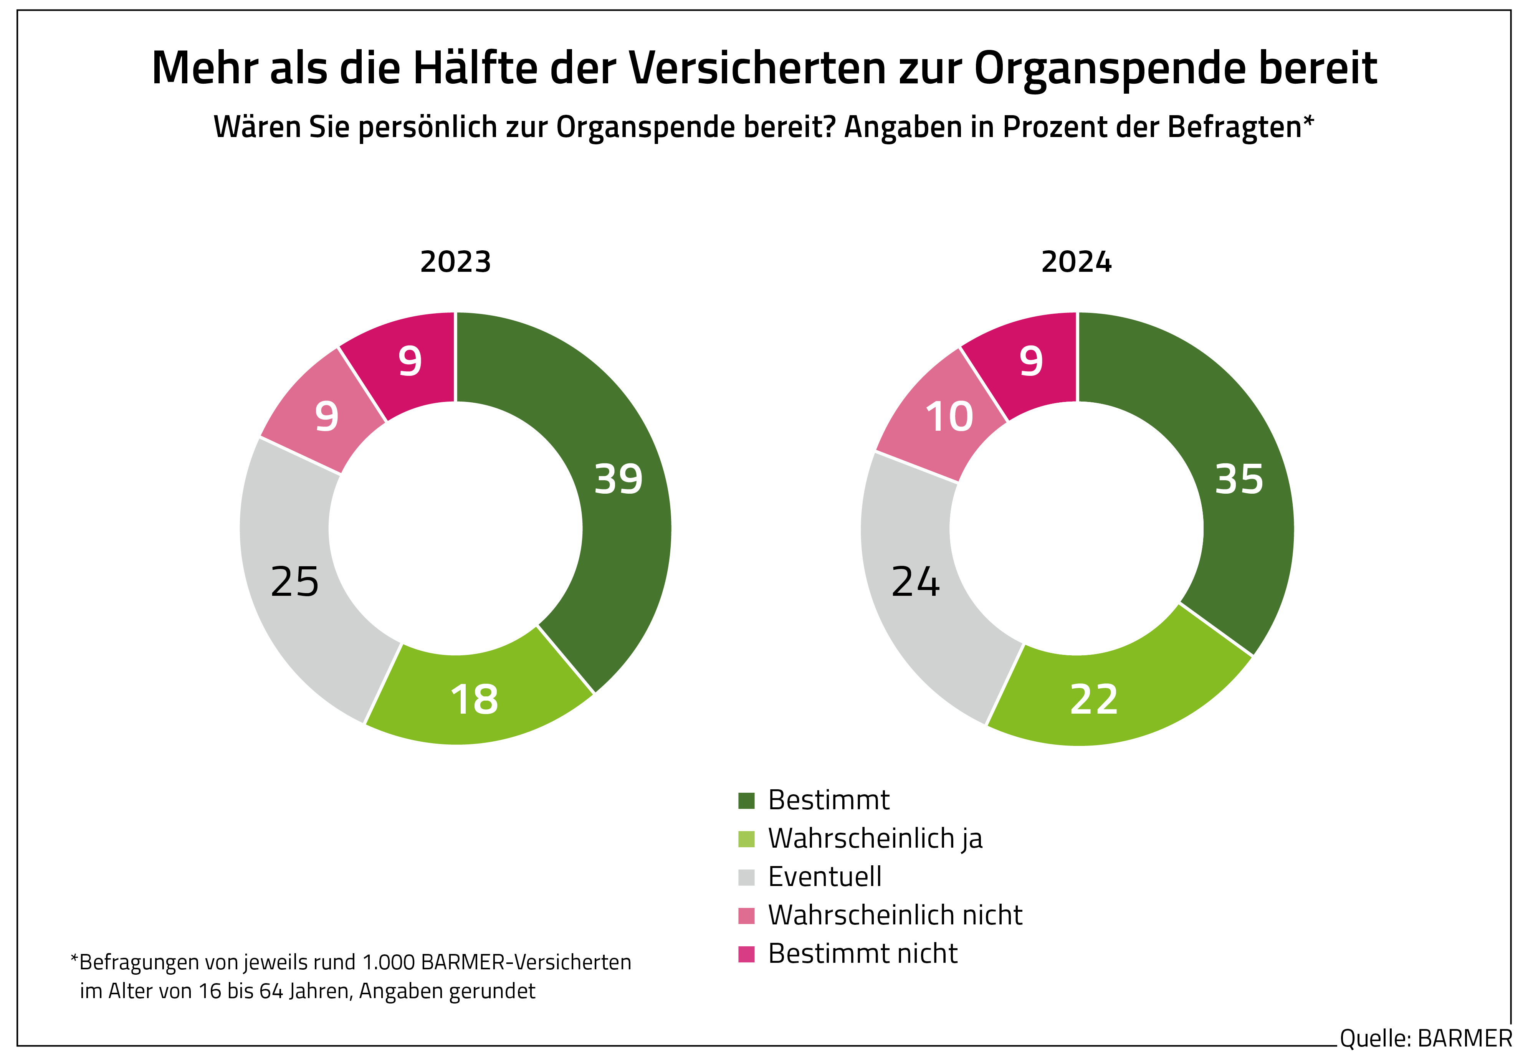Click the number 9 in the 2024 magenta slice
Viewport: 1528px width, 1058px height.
1031,361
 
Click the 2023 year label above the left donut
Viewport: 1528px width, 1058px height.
455,262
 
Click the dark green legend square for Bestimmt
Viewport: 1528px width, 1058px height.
746,801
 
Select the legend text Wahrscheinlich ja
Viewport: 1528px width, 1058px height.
875,838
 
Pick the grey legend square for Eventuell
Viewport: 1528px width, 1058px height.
746,877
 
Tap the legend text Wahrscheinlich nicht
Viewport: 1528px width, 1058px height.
895,916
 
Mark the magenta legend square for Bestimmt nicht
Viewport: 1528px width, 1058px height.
746,954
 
